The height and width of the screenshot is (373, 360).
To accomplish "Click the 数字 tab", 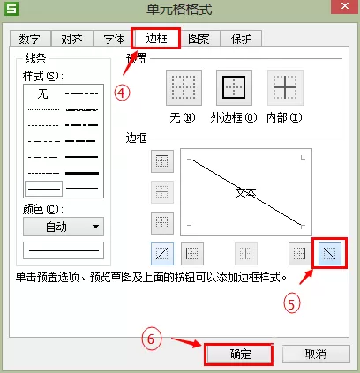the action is click(30, 39).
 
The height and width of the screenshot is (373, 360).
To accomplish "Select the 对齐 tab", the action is click(72, 39).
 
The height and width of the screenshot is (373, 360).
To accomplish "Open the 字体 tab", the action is click(114, 39).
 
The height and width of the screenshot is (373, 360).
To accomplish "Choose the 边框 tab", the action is click(156, 38).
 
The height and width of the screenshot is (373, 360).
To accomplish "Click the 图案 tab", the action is click(199, 39).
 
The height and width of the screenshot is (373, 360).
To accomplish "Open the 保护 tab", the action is click(242, 39).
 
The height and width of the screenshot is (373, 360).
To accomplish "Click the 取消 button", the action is click(316, 354).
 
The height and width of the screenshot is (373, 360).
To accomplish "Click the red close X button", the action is click(345, 6).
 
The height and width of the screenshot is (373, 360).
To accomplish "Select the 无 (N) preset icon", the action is click(184, 87).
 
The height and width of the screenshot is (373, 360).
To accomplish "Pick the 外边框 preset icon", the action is click(234, 87).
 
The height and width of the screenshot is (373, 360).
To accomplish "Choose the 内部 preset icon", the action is click(285, 87).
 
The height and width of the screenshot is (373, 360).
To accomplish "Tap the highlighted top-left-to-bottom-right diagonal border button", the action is click(330, 254).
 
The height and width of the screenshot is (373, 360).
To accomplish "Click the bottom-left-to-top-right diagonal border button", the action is click(162, 254).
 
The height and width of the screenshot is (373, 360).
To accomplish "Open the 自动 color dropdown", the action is click(64, 227).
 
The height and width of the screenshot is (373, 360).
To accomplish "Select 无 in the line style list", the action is click(43, 94).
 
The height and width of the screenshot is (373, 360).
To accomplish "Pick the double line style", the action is click(82, 189).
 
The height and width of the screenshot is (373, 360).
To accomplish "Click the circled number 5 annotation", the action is click(291, 304).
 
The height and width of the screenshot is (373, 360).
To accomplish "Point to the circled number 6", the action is click(151, 339).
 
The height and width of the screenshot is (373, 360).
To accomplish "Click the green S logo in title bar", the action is click(11, 9).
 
